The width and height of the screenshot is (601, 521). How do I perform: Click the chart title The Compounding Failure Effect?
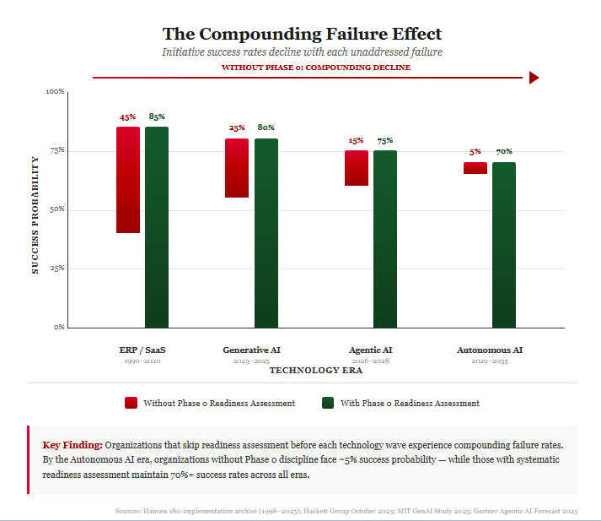(x=301, y=34)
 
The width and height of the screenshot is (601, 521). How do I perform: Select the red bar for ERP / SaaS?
(x=128, y=179)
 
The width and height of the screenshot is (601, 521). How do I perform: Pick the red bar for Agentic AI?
(x=356, y=167)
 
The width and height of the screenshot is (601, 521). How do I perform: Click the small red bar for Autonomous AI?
(x=475, y=168)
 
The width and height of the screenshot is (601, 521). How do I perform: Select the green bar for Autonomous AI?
(x=504, y=244)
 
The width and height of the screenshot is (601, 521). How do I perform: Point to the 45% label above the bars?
(x=128, y=117)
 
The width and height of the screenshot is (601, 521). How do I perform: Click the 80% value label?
(x=266, y=128)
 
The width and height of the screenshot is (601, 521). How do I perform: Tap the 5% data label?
(x=475, y=152)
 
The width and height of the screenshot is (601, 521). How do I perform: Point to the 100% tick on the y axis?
(x=55, y=91)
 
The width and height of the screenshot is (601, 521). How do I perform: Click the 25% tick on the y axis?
(x=56, y=269)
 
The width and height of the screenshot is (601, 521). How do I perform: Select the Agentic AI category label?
(x=371, y=350)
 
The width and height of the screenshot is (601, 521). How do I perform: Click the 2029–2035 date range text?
(x=489, y=361)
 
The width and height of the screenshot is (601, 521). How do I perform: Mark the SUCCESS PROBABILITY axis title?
(x=35, y=214)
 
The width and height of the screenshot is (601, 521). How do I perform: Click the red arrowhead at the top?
(x=534, y=78)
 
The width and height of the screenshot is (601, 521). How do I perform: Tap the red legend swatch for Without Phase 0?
(x=131, y=403)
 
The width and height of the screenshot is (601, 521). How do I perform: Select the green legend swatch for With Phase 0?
(x=328, y=403)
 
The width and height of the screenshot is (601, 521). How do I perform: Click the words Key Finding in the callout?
(x=72, y=444)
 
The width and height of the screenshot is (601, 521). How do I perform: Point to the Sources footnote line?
(x=346, y=511)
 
